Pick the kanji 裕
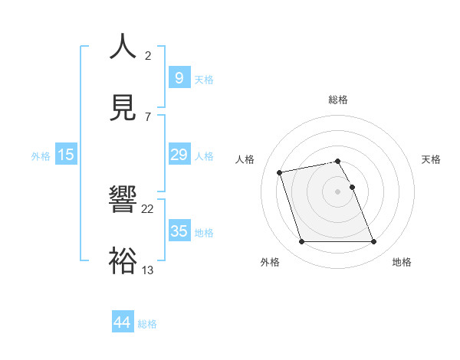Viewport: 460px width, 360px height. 123,259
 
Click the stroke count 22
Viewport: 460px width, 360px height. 148,209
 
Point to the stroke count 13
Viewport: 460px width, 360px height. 148,269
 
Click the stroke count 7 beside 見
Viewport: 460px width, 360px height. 148,116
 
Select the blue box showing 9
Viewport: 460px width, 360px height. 179,77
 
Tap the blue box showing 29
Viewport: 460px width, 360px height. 179,155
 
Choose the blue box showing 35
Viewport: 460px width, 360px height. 179,231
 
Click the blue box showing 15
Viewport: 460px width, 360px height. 66,155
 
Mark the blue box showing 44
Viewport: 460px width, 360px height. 122,322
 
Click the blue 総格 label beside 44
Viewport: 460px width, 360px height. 147,324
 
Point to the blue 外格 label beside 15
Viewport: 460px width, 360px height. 41,156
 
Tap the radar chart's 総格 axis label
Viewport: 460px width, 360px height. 338,100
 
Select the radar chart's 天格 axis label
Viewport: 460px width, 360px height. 431,159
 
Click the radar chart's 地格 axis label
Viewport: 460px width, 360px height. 402,263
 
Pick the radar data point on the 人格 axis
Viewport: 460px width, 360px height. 280,172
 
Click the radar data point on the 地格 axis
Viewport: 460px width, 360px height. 373,242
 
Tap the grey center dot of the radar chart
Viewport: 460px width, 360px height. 338,191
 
